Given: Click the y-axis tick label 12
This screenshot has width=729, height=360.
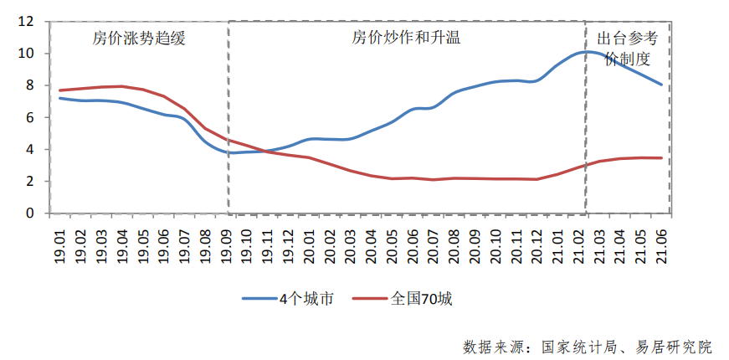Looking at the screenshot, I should click(x=26, y=22).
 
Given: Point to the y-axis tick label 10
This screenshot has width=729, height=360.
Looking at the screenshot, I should click(x=26, y=54).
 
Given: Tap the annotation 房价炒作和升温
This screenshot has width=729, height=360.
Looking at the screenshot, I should click(x=406, y=39).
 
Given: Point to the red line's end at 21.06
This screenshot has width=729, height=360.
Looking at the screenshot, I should click(x=661, y=158).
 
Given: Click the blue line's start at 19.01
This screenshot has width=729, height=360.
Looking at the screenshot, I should click(x=60, y=98).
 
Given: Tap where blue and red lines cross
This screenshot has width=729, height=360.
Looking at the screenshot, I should click(x=263, y=151).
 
